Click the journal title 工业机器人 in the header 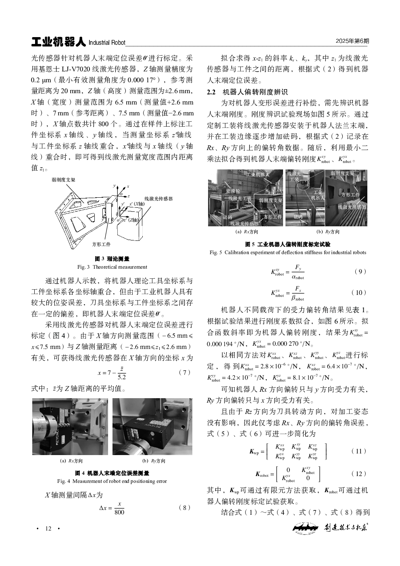point(58,42)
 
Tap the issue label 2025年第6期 point(352,42)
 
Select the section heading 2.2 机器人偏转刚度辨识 point(247,92)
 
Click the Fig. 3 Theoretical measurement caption point(112,267)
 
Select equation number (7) point(184,373)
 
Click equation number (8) point(184,508)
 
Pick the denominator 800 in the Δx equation point(119,512)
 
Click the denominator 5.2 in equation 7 point(121,377)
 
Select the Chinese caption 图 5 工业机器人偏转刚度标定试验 point(288,244)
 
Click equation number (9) point(360,272)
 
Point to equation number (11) point(359,451)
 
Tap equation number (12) point(359,474)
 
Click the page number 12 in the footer point(48,529)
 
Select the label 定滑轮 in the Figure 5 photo point(233,190)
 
